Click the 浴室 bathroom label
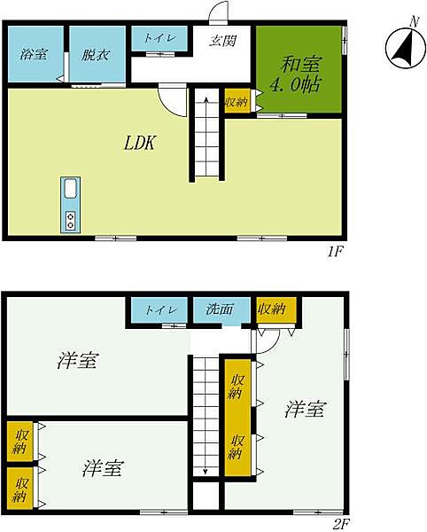pyautogui.click(x=34, y=54)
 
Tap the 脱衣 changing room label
pyautogui.click(x=95, y=54)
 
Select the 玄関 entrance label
pyautogui.click(x=222, y=41)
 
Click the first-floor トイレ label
pyautogui.click(x=159, y=37)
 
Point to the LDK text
pyautogui.click(x=140, y=143)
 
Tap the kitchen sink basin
pyautogui.click(x=71, y=189)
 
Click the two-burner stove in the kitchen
pyautogui.click(x=71, y=221)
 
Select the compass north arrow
pyautogui.click(x=405, y=48)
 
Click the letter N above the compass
pyautogui.click(x=414, y=22)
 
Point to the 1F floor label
pyautogui.click(x=336, y=252)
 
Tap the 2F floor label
pyautogui.click(x=340, y=525)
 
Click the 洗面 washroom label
pyautogui.click(x=220, y=309)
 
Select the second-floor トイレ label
pyautogui.click(x=161, y=309)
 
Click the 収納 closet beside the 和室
pyautogui.click(x=237, y=101)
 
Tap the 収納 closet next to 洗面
pyautogui.click(x=272, y=309)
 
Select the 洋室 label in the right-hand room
pyautogui.click(x=305, y=409)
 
